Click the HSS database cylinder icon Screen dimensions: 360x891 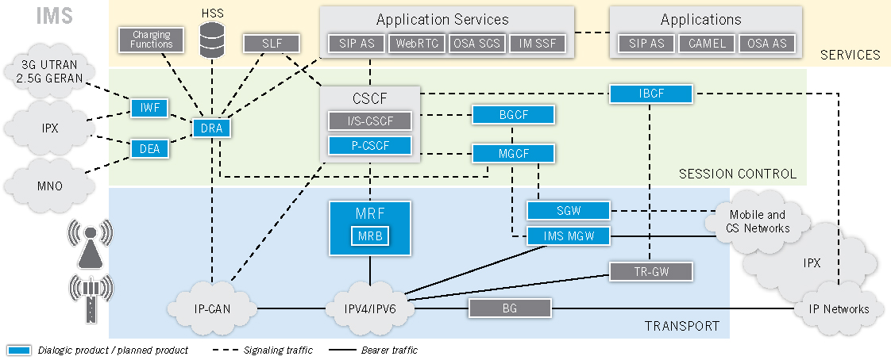pos(212,40)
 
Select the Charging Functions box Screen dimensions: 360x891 pos(151,39)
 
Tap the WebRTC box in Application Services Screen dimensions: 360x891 pos(417,44)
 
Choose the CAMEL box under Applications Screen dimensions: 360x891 pos(707,44)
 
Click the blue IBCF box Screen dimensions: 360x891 pos(651,94)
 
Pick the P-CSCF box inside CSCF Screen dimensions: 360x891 pos(370,146)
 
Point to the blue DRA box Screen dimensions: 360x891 pos(211,127)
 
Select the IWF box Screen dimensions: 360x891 pos(150,107)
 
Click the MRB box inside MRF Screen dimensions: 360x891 pos(370,236)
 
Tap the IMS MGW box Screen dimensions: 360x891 pos(569,236)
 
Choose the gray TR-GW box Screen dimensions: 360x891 pos(650,272)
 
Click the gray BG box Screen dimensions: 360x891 pos(510,308)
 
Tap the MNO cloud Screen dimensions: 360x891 pos(49,186)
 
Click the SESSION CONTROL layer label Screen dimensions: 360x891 pos(737,174)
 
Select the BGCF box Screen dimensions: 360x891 pos(513,115)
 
